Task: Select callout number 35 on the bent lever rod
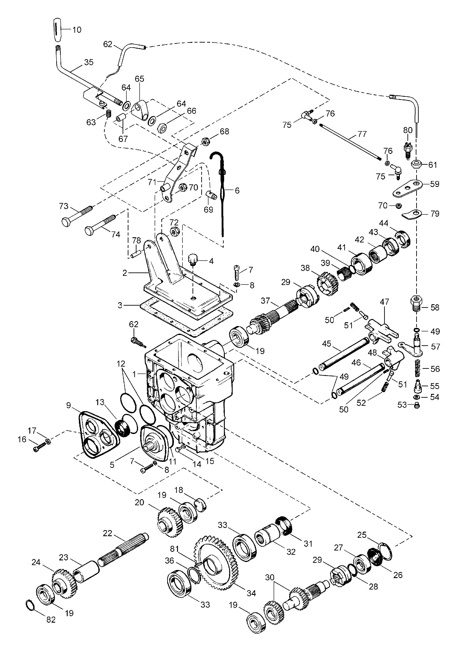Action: click(89, 62)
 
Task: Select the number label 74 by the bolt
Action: click(115, 234)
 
